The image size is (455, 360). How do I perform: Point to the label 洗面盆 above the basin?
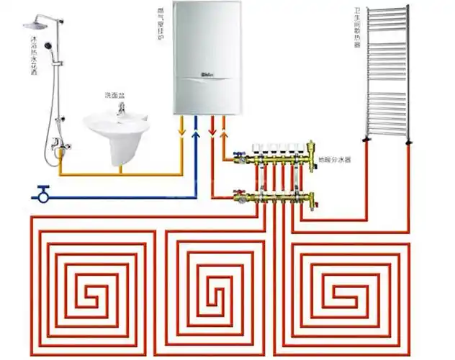coord(116,94)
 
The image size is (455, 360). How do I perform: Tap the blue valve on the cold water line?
coord(41,194)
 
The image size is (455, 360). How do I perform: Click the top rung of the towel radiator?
coord(387,10)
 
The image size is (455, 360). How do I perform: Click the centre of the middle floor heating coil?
coord(214,292)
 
